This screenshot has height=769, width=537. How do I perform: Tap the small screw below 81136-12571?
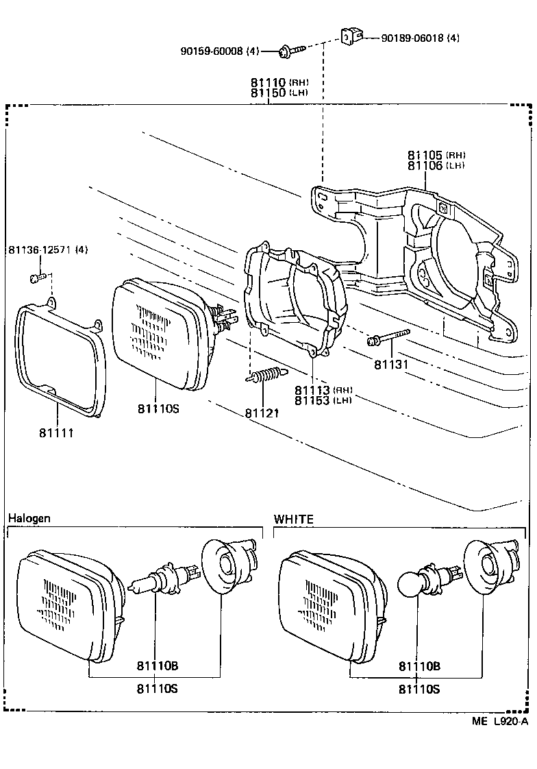pos(38,278)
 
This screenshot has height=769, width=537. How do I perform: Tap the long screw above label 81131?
pos(388,337)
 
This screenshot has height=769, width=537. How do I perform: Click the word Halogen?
pos(29,518)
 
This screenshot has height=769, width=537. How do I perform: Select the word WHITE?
pos(293,520)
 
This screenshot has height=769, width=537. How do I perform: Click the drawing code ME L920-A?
pos(499,721)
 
